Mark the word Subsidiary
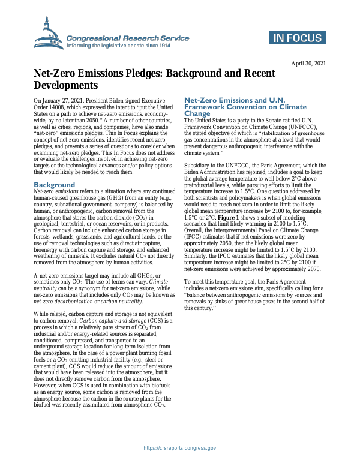tap(200, 165)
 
